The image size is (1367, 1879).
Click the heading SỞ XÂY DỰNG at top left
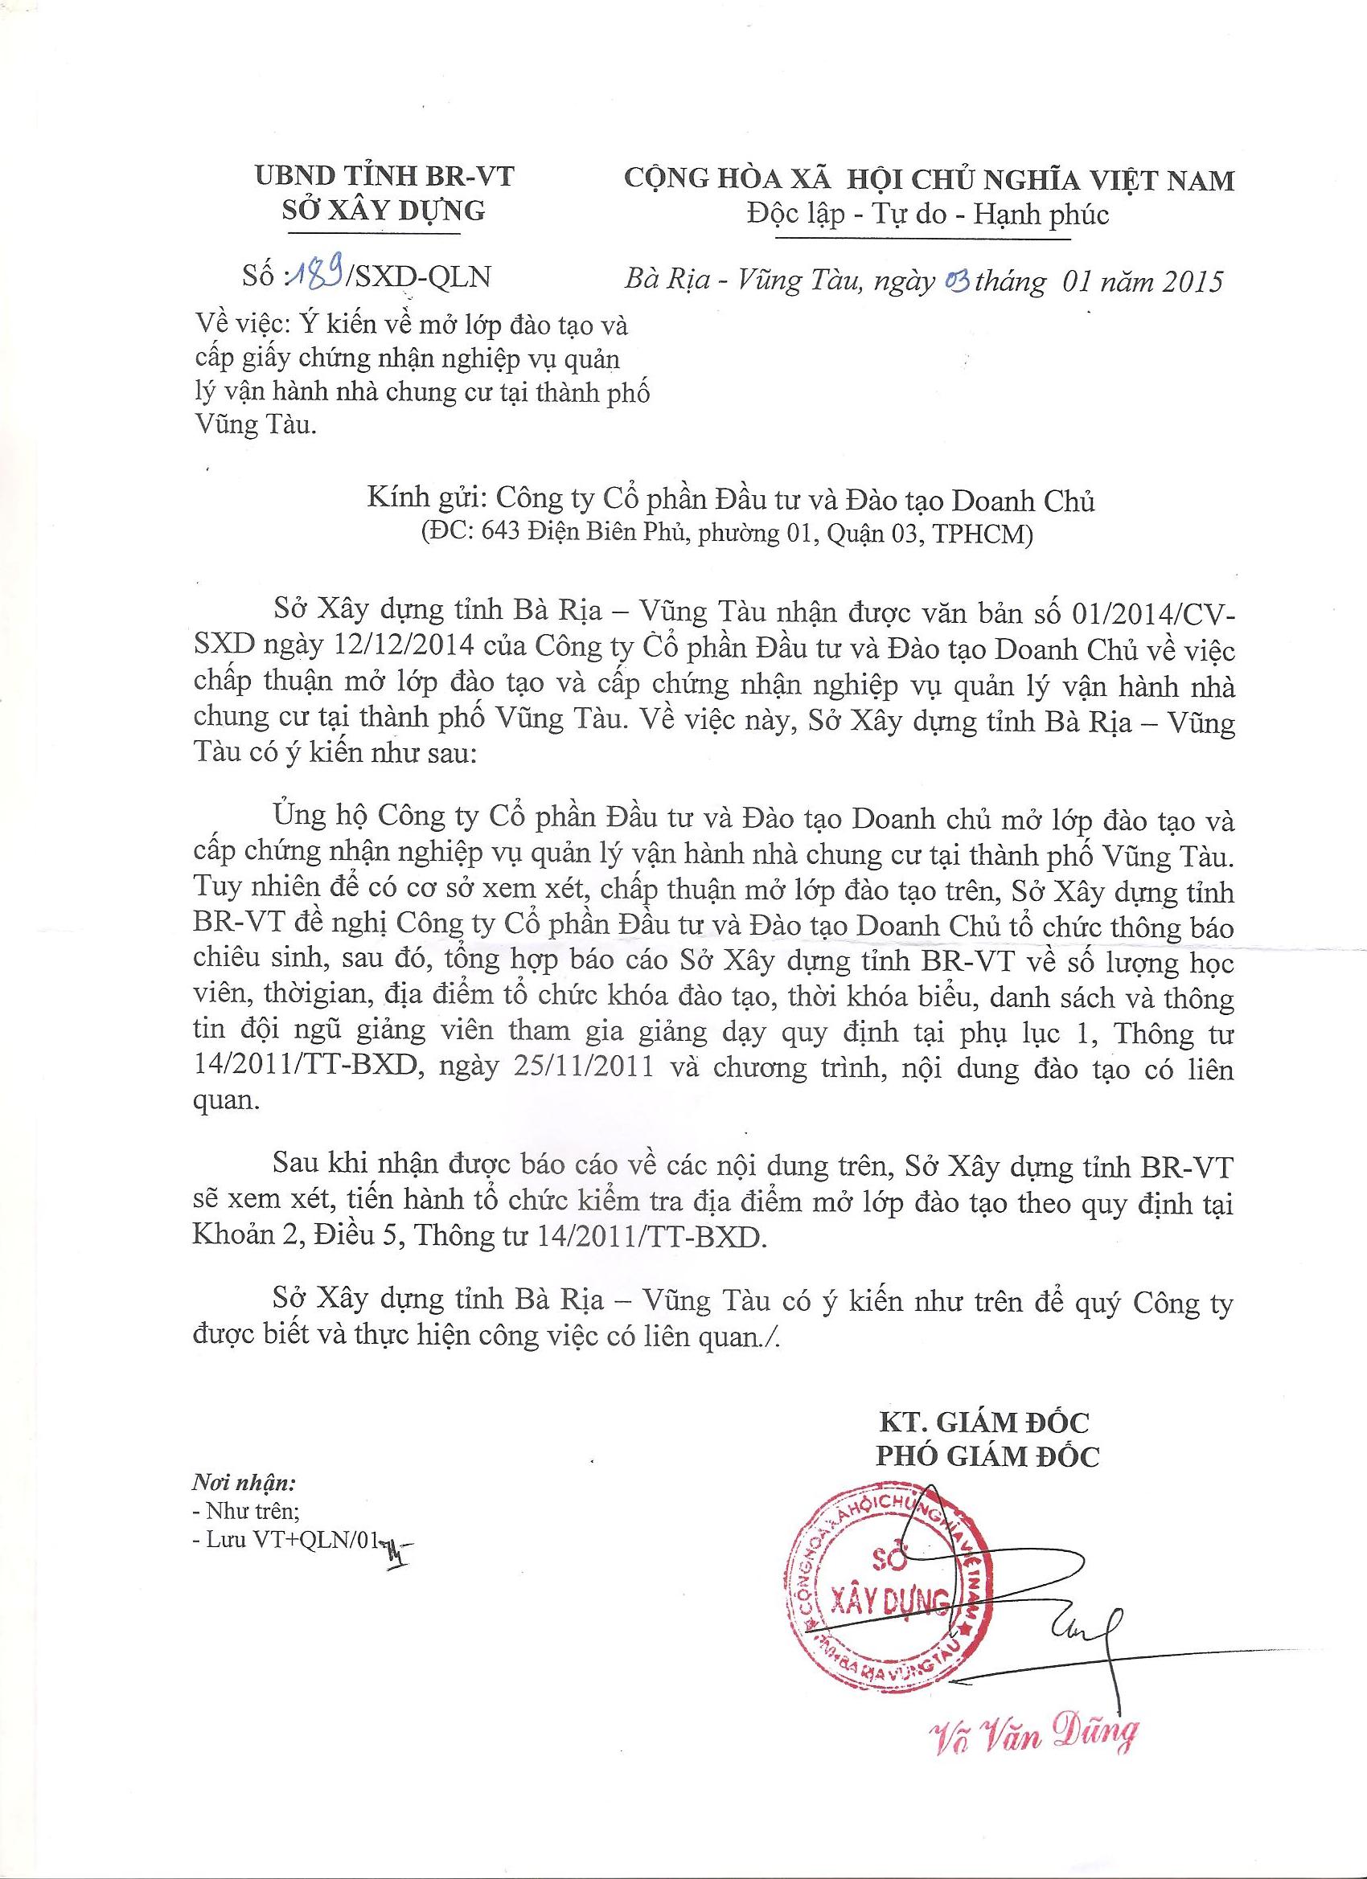(382, 211)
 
